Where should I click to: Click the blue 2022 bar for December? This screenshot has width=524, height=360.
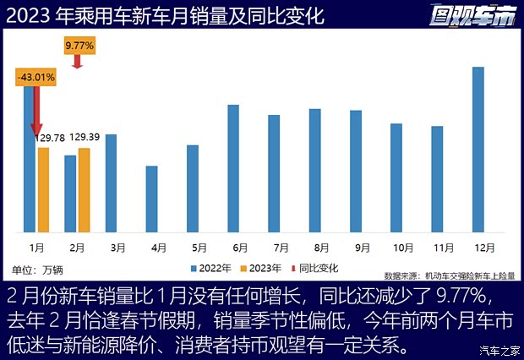point(478,149)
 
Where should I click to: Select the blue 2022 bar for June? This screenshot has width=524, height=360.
point(233,168)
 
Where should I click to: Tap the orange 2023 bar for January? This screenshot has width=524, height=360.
point(43,189)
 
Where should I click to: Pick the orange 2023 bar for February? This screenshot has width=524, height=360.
point(84,189)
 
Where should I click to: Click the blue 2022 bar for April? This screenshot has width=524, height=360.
point(151,199)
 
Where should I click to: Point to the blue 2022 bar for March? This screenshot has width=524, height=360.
point(111,183)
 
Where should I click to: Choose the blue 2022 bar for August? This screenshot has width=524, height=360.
point(314,170)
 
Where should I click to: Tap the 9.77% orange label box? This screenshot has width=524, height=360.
point(77,44)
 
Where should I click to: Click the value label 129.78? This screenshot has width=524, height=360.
point(51,138)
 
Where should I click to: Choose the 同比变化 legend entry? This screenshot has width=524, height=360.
point(316,268)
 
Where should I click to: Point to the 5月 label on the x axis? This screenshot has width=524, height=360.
point(199,248)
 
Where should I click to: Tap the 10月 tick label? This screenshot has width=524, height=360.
point(401,248)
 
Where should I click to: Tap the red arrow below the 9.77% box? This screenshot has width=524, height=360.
point(77,62)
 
